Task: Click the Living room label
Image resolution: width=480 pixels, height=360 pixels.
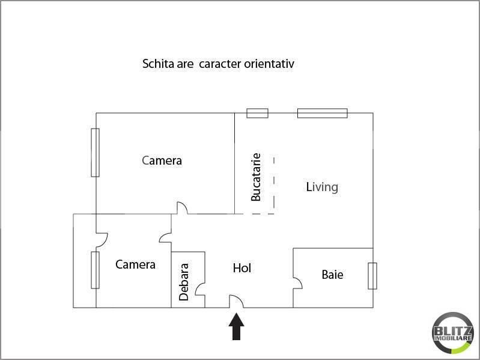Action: pyautogui.click(x=322, y=188)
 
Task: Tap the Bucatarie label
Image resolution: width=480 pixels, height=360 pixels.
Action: pyautogui.click(x=255, y=177)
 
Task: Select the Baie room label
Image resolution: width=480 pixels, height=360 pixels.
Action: pyautogui.click(x=332, y=275)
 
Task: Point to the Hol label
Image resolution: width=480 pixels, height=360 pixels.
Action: pyautogui.click(x=242, y=268)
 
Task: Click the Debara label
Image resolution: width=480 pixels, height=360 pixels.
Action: pyautogui.click(x=184, y=282)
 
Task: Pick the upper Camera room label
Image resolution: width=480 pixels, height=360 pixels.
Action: pyautogui.click(x=162, y=160)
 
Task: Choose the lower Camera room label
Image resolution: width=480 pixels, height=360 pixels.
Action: pyautogui.click(x=135, y=264)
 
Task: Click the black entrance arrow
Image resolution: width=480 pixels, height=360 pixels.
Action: pyautogui.click(x=236, y=326)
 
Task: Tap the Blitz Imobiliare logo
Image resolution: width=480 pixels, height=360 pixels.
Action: pyautogui.click(x=453, y=333)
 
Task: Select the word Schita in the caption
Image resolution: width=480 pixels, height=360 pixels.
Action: pyautogui.click(x=154, y=64)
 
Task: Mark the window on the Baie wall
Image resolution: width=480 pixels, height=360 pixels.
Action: pyautogui.click(x=372, y=276)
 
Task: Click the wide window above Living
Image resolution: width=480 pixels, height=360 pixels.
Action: pyautogui.click(x=323, y=113)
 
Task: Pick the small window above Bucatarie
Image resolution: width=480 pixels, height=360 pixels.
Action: pyautogui.click(x=258, y=113)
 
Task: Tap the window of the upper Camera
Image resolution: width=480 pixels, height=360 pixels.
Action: pyautogui.click(x=95, y=153)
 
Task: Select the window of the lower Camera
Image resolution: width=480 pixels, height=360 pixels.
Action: pyautogui.click(x=95, y=270)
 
